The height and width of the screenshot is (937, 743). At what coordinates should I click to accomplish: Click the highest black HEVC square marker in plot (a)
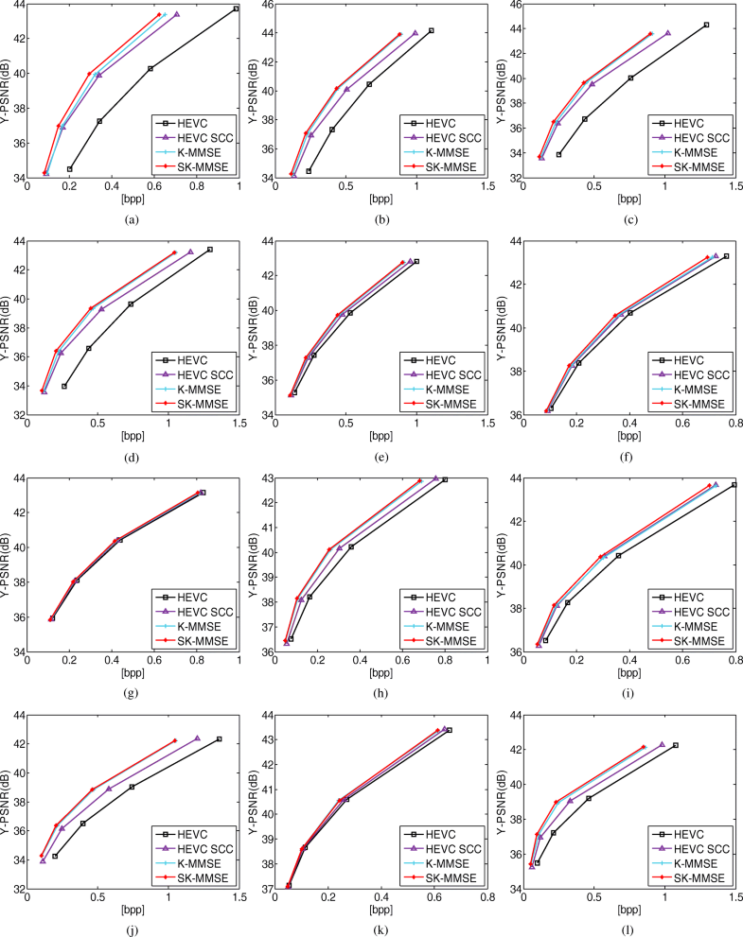[236, 9]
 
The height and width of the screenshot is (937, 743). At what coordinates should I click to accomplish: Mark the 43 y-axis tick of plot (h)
[267, 479]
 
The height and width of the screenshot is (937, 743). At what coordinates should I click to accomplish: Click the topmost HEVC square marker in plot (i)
[734, 485]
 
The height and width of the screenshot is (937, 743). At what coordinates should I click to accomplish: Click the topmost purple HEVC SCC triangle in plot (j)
[197, 738]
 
